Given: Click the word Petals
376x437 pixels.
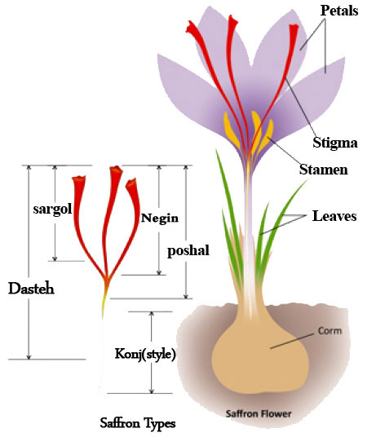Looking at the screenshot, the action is [x=339, y=11].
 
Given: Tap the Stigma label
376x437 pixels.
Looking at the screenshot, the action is [x=334, y=143].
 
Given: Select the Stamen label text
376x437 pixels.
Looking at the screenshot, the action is [x=323, y=170].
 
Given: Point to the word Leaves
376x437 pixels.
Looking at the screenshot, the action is [x=334, y=216].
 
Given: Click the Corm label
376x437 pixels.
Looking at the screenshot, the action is [x=330, y=331].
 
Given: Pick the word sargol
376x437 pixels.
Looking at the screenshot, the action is [x=52, y=209].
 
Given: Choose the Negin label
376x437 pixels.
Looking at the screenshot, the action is [x=160, y=218].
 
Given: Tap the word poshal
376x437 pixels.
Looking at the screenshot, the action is [x=188, y=251].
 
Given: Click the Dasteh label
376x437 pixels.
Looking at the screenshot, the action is [x=31, y=289].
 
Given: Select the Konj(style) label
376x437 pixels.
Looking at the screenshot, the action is [x=145, y=354].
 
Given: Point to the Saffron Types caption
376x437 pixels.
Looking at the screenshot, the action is [x=138, y=423].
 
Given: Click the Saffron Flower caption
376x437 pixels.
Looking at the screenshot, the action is [x=259, y=413].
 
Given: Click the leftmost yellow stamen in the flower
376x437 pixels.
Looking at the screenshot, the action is [x=231, y=130].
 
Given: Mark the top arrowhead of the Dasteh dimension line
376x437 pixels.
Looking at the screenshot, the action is [x=29, y=167].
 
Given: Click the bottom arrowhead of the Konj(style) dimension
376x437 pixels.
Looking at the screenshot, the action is [x=152, y=391].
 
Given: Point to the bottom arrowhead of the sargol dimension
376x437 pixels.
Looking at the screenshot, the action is [x=55, y=258].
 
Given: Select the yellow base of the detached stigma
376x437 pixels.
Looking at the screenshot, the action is [x=104, y=304].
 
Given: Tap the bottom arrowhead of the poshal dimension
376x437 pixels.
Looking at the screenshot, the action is [x=186, y=296].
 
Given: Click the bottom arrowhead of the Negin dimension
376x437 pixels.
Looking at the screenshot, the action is [x=159, y=272].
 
